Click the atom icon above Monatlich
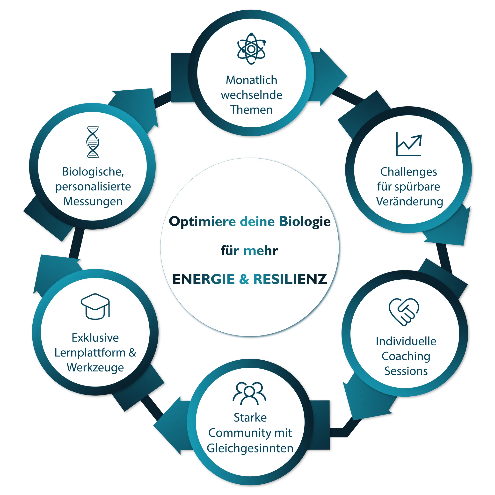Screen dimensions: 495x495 [251, 49]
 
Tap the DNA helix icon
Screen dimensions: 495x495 [93, 142]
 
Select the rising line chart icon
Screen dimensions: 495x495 [409, 144]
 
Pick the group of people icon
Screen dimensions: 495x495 [249, 393]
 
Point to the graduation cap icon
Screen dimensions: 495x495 [95, 306]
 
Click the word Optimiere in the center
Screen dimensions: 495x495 [202, 222]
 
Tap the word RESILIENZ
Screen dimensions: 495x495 [290, 279]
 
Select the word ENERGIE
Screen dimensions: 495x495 [204, 279]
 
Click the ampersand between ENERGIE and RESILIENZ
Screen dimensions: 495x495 [244, 279]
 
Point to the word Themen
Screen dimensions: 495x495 [251, 110]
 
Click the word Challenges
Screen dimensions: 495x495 [408, 172]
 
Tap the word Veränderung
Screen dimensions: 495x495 [409, 201]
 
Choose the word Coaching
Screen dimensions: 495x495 [406, 356]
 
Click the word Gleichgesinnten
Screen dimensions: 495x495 [250, 448]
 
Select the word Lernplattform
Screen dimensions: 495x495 [90, 353]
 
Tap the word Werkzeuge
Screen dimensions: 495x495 [95, 367]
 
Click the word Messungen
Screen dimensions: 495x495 [93, 201]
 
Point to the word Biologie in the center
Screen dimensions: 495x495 [305, 222]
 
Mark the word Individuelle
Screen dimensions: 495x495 [406, 341]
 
